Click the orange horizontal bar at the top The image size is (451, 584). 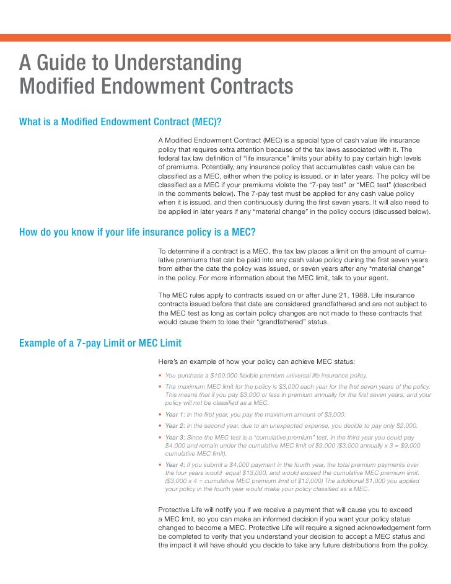click(225, 37)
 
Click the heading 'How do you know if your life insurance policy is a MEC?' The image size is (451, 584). click(138, 232)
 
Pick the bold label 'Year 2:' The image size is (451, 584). click(175, 425)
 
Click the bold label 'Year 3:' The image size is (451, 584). click(175, 437)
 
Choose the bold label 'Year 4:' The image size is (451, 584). click(175, 464)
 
